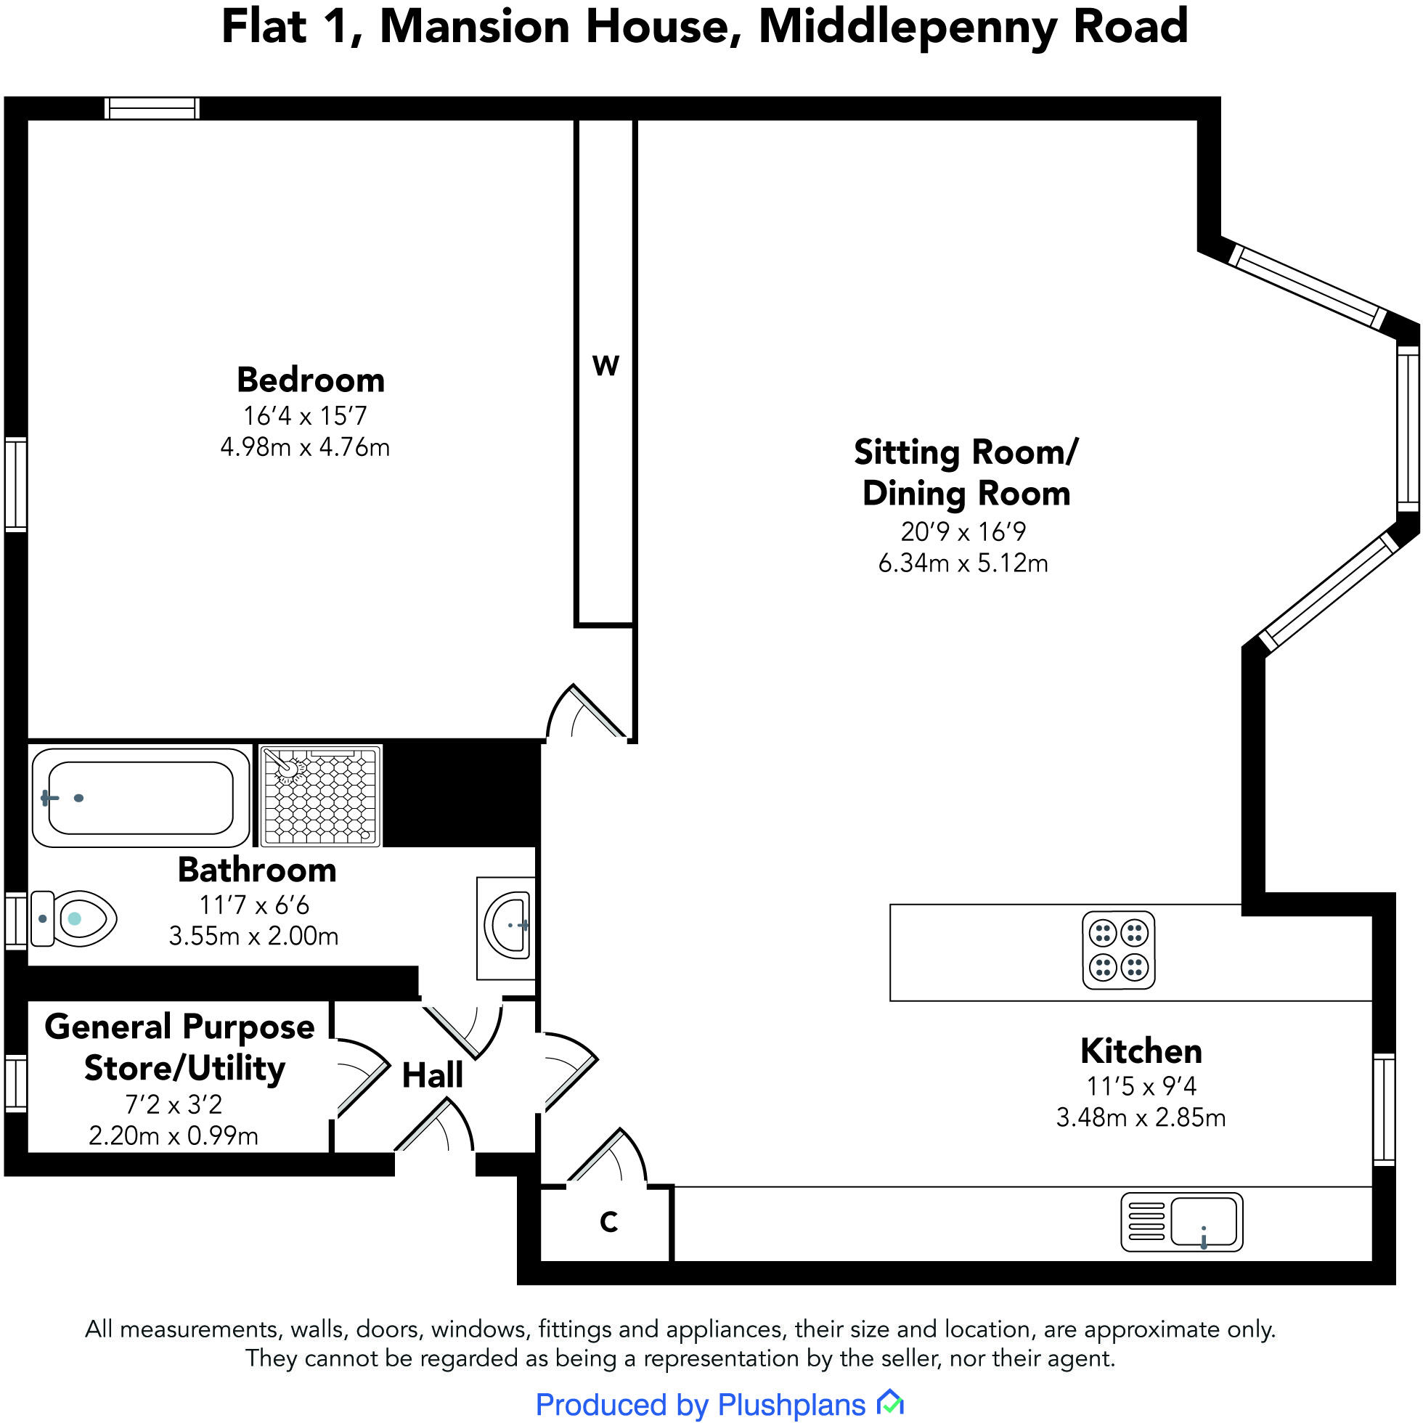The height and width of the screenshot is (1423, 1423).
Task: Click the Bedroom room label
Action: [310, 380]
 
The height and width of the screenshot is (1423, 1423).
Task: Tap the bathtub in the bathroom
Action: [140, 798]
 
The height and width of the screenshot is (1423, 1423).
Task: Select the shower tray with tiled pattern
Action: [320, 796]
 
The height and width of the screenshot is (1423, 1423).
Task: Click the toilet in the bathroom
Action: [73, 918]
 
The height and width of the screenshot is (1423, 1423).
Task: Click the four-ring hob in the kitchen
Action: [1118, 950]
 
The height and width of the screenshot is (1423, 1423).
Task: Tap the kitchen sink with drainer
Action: [1181, 1222]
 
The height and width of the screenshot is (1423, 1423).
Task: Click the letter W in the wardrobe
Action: [606, 366]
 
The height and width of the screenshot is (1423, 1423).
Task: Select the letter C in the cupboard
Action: [608, 1222]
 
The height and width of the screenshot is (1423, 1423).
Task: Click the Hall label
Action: [433, 1075]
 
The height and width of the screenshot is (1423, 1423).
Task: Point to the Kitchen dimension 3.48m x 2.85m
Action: [1140, 1117]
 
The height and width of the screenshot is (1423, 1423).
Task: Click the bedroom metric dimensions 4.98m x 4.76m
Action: [305, 447]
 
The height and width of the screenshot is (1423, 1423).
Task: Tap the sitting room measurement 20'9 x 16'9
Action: [963, 531]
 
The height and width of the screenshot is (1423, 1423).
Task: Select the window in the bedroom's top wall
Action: [152, 108]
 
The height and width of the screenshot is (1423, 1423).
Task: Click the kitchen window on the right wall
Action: [1384, 1109]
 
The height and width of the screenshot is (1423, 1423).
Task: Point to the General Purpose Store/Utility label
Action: [181, 1047]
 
